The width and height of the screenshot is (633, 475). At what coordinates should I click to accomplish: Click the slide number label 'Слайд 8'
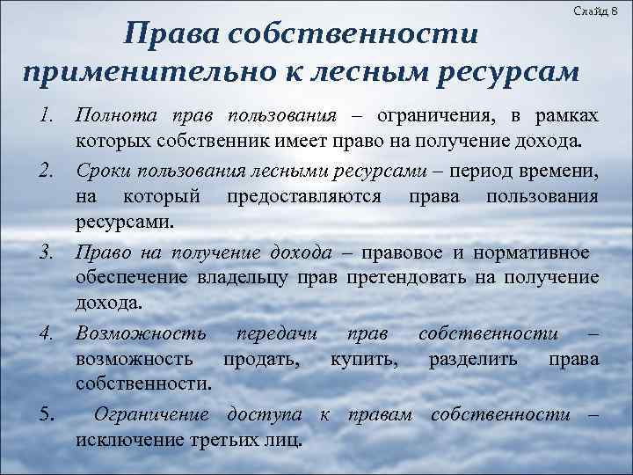tap(600, 10)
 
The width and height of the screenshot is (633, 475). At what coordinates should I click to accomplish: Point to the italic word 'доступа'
tap(264, 413)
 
